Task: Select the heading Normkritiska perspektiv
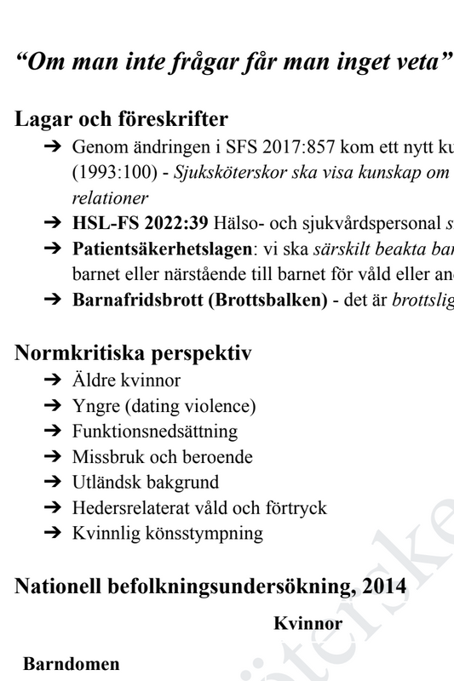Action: pyautogui.click(x=133, y=352)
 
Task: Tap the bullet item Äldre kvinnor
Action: pyautogui.click(x=126, y=381)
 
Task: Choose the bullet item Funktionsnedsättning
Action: pyautogui.click(x=155, y=432)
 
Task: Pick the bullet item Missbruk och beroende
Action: pyautogui.click(x=163, y=457)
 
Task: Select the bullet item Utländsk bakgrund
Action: pyautogui.click(x=146, y=483)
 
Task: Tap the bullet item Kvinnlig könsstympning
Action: pyautogui.click(x=168, y=534)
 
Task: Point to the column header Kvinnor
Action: pyautogui.click(x=307, y=624)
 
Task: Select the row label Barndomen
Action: pyautogui.click(x=72, y=664)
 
